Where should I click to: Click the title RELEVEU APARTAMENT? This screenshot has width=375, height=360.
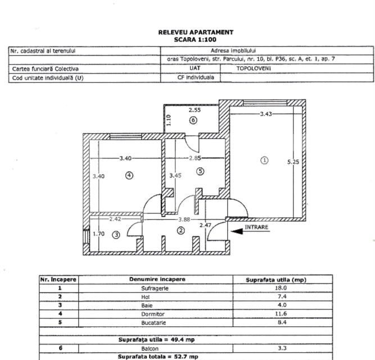pyautogui.click(x=195, y=33)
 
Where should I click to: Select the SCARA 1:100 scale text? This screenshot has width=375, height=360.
pyautogui.click(x=195, y=39)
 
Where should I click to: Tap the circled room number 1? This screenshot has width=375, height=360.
pyautogui.click(x=264, y=161)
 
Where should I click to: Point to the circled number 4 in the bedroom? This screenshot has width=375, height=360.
pyautogui.click(x=129, y=175)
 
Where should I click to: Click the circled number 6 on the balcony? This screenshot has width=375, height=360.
pyautogui.click(x=193, y=120)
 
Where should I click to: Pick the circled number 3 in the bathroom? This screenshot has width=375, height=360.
pyautogui.click(x=116, y=235)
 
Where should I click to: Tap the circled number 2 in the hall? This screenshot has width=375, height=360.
pyautogui.click(x=181, y=230)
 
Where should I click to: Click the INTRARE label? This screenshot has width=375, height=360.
pyautogui.click(x=256, y=227)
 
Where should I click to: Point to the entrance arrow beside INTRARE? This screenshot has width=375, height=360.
pyautogui.click(x=237, y=231)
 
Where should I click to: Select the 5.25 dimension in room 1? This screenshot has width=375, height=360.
pyautogui.click(x=293, y=162)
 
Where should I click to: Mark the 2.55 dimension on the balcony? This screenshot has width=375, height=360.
pyautogui.click(x=195, y=110)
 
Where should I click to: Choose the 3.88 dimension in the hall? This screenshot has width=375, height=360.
pyautogui.click(x=184, y=219)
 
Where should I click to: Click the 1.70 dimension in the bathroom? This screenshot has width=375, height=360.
pyautogui.click(x=98, y=234)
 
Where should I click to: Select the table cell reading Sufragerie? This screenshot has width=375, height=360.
pyautogui.click(x=155, y=288)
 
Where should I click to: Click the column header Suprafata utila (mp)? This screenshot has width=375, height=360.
pyautogui.click(x=276, y=279)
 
